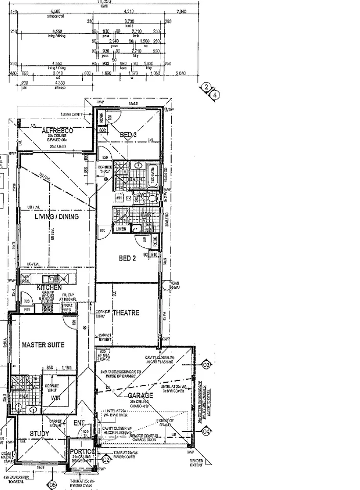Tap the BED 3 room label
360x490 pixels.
(129, 135)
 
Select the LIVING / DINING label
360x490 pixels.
(56, 217)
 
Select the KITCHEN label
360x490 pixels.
(49, 288)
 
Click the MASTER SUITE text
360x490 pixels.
(43, 345)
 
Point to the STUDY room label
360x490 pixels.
(39, 434)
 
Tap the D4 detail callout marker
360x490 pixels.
(206, 432)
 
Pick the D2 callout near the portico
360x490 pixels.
(106, 459)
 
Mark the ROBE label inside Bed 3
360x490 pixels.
(101, 117)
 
